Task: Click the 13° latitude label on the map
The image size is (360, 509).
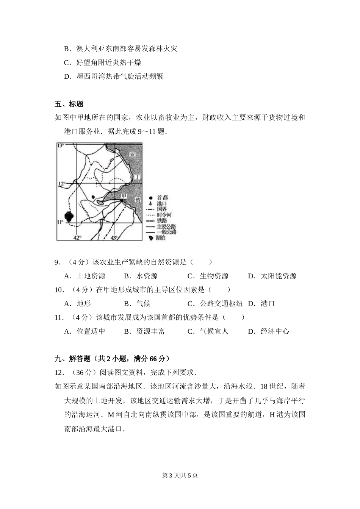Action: (x=61, y=145)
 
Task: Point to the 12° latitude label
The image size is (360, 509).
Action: (x=61, y=184)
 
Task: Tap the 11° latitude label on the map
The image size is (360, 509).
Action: (x=60, y=222)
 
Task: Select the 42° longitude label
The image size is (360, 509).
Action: (x=77, y=237)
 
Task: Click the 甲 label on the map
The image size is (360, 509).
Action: (x=123, y=196)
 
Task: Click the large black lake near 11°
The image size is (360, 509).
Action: (x=69, y=217)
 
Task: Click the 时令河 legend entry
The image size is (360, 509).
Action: (x=164, y=215)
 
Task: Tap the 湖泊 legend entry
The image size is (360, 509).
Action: (x=161, y=238)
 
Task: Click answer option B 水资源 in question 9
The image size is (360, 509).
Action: (x=141, y=276)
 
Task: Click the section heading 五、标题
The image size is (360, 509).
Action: (x=69, y=104)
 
